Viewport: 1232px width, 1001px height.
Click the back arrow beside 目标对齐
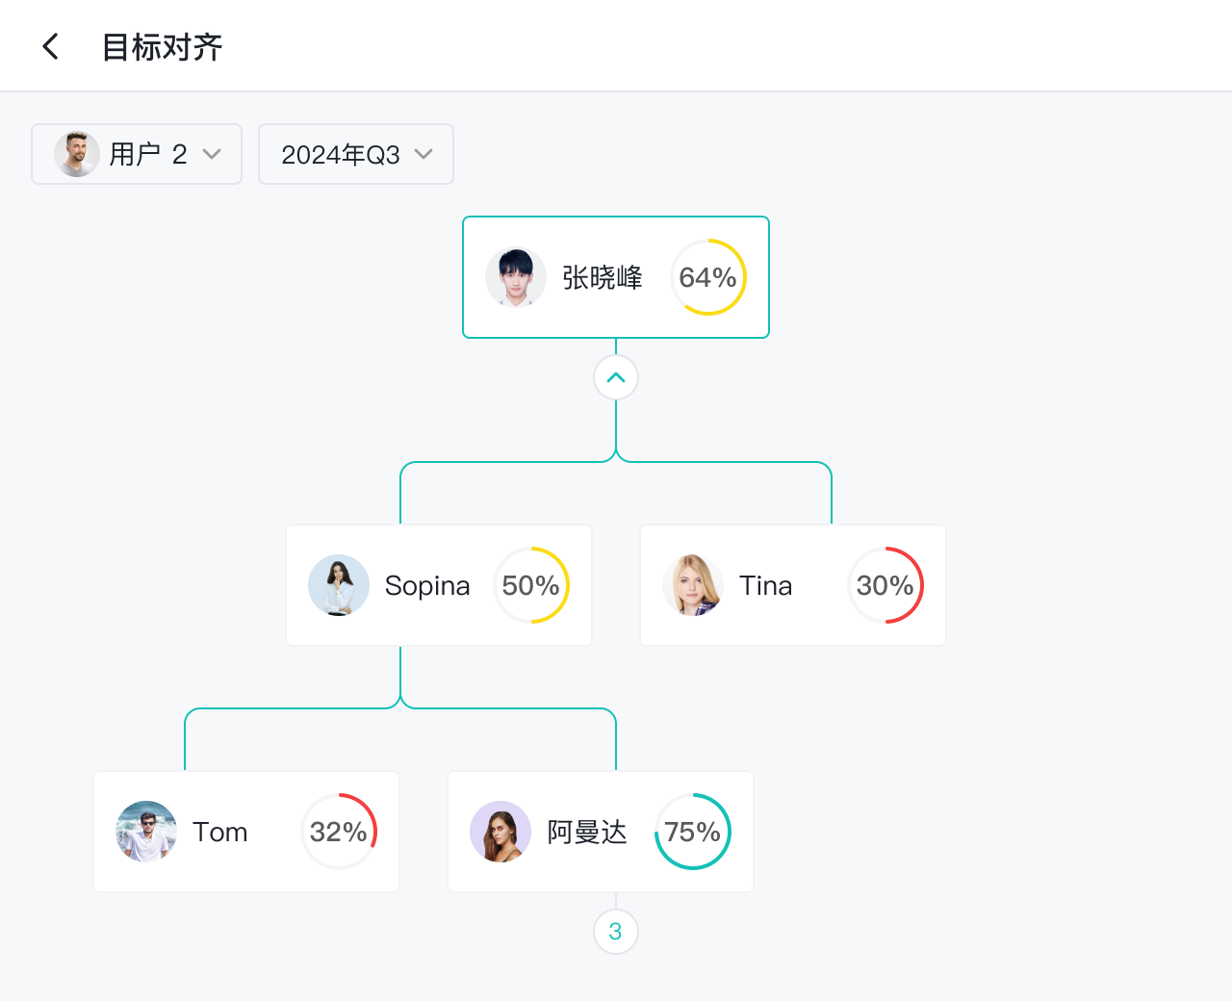[51, 46]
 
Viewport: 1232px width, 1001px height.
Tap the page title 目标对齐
[163, 47]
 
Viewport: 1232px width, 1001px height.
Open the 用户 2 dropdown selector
[137, 154]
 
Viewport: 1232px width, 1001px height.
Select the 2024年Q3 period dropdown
[356, 154]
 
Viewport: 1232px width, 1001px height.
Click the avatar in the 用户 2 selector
[76, 154]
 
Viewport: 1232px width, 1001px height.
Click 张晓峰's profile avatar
[516, 277]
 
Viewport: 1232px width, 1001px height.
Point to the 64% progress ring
[708, 277]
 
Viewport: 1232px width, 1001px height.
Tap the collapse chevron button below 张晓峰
[616, 377]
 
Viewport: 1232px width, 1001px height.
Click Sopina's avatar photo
[339, 585]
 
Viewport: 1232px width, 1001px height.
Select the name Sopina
[427, 585]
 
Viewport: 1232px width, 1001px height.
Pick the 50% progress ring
[531, 585]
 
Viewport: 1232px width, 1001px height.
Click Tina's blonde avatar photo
[693, 585]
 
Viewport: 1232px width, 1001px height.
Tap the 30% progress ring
[885, 585]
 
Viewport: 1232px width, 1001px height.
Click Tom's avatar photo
[146, 832]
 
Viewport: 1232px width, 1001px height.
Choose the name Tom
[220, 832]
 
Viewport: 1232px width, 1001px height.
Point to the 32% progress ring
[339, 832]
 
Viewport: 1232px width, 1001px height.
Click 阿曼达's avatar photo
[500, 832]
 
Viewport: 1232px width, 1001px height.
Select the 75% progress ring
[693, 832]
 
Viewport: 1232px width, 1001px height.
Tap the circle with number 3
[616, 932]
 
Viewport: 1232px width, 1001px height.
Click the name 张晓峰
[603, 277]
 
